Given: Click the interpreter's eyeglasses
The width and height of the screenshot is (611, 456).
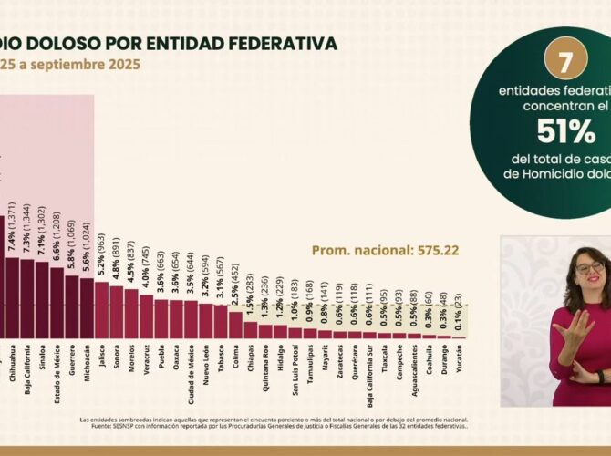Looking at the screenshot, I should [x=588, y=268].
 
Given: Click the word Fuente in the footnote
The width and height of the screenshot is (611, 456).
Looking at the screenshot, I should [x=91, y=425].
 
